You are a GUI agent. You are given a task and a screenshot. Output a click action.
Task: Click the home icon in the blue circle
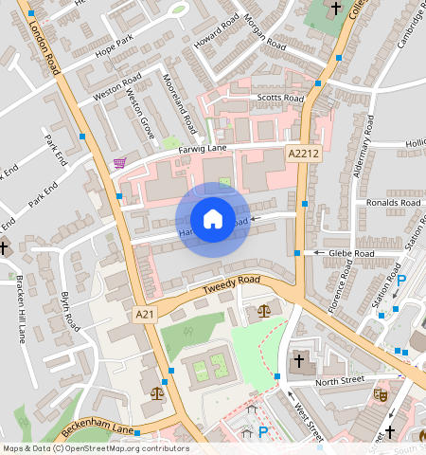click(213, 219)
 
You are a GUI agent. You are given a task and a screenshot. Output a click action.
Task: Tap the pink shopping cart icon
click(119, 163)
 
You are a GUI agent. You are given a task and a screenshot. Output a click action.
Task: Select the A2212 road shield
click(302, 153)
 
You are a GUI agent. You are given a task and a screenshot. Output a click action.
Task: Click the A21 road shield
click(144, 315)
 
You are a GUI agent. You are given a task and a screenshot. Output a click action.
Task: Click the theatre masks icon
click(382, 391)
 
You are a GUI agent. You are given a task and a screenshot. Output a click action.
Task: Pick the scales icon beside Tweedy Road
click(262, 311)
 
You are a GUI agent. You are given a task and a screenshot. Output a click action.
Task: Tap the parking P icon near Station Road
click(400, 281)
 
